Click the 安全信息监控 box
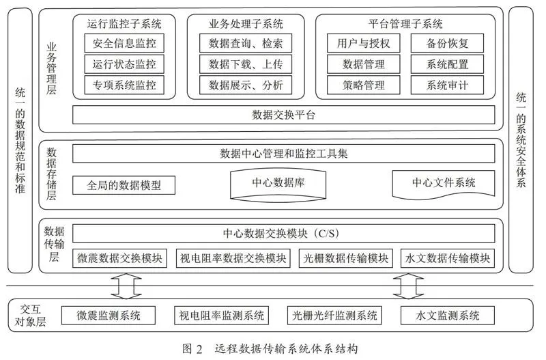coord(124,43)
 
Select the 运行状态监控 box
coord(124,64)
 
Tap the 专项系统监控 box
coord(124,85)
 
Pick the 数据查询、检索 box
coord(246,43)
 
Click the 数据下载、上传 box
coord(246,64)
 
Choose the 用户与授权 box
coord(364,43)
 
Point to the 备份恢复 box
coord(447,43)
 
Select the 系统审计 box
coord(447,85)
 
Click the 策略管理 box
coord(364,85)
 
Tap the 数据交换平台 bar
coord(283,115)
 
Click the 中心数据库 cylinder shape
coord(278,184)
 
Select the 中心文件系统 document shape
coord(443,184)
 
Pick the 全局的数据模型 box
coord(124,185)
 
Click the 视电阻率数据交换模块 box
coord(233,258)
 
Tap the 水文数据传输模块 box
coord(448,258)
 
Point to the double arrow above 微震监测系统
coord(126,286)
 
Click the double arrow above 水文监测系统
coord(408,286)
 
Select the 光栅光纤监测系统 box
coord(334,316)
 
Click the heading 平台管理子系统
coord(405,24)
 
